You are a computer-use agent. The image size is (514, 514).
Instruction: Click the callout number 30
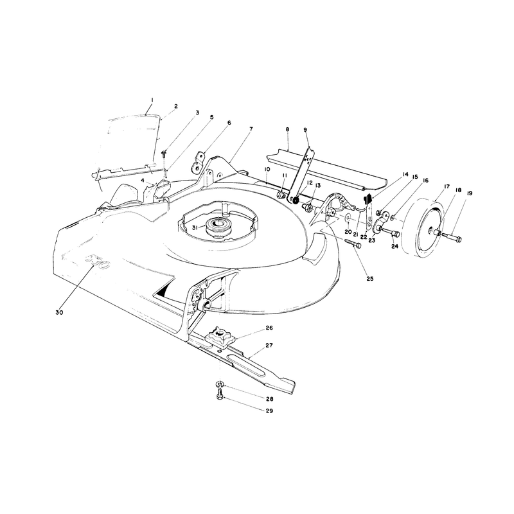click(59, 312)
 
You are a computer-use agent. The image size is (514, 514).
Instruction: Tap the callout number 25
click(370, 279)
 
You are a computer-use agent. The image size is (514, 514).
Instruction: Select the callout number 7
click(251, 129)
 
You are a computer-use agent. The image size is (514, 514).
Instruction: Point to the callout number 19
click(469, 193)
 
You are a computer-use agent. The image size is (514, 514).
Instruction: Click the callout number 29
click(269, 411)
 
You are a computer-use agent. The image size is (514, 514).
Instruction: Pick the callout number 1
click(152, 100)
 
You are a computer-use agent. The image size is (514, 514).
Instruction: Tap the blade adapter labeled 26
click(218, 337)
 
